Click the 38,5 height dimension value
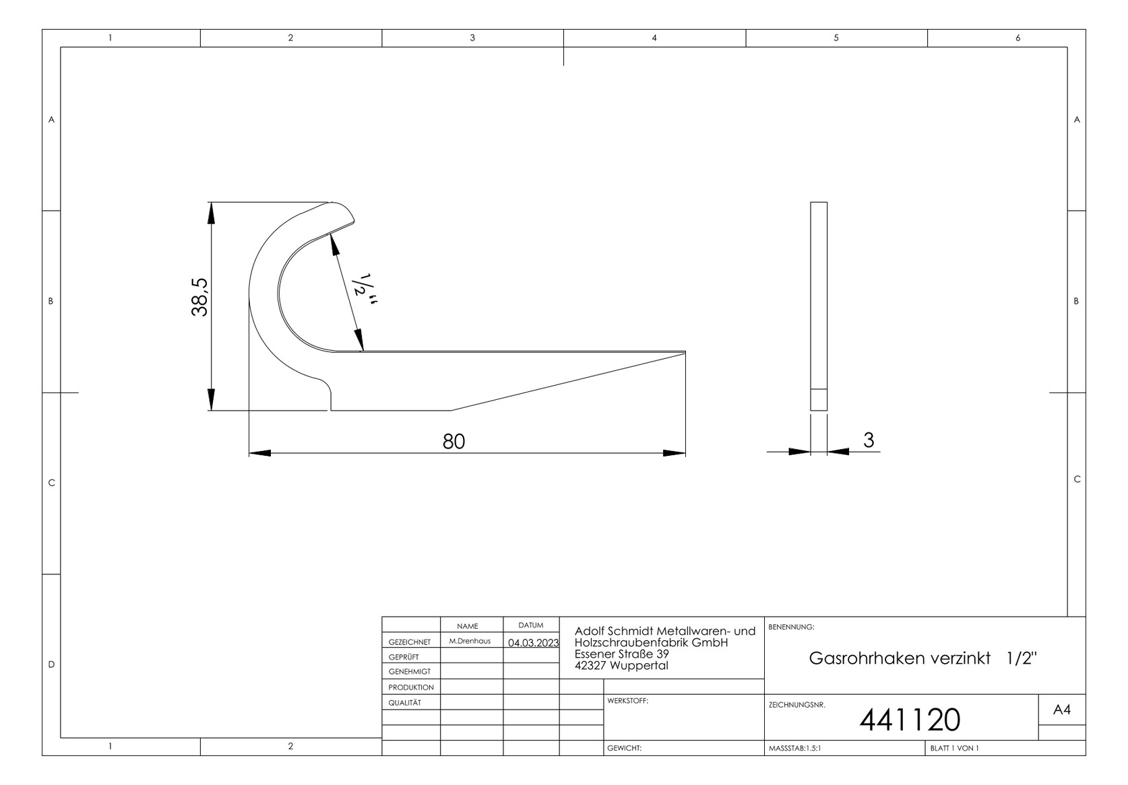coord(200,297)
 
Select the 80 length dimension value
coord(453,441)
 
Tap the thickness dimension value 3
coord(868,440)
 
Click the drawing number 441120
coord(910,720)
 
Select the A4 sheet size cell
coord(1061,710)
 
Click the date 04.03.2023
coord(533,642)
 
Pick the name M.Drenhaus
coord(470,641)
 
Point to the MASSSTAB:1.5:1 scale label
coord(795,748)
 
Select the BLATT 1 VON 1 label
coord(954,748)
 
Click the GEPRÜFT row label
coord(404,656)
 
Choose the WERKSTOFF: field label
coord(627,701)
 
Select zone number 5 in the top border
coord(836,38)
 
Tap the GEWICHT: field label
coord(624,748)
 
